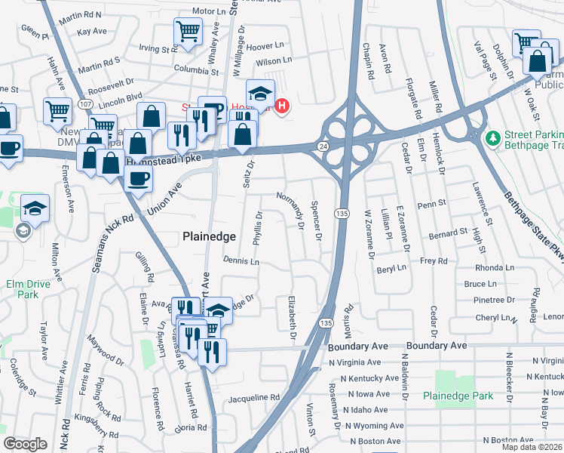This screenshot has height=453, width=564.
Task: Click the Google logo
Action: pyautogui.click(x=26, y=443)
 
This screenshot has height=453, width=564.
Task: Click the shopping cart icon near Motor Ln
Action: pyautogui.click(x=188, y=32)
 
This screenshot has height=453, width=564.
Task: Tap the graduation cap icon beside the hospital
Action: pyautogui.click(x=259, y=93)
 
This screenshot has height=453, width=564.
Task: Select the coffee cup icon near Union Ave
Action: pyautogui.click(x=138, y=178)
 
